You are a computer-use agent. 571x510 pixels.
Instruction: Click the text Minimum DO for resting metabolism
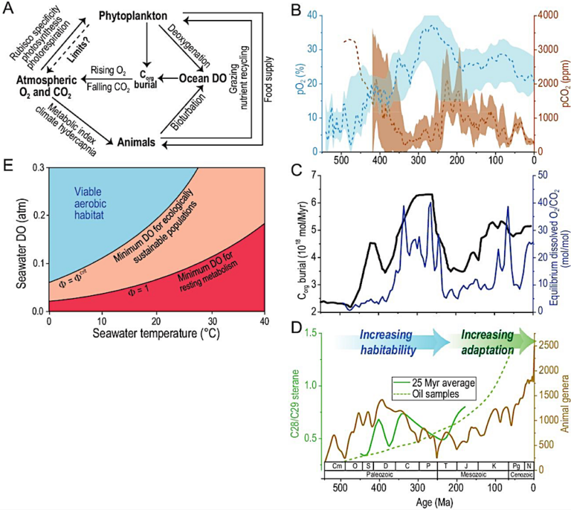click(206, 281)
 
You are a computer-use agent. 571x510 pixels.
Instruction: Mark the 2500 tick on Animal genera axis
click(546, 344)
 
